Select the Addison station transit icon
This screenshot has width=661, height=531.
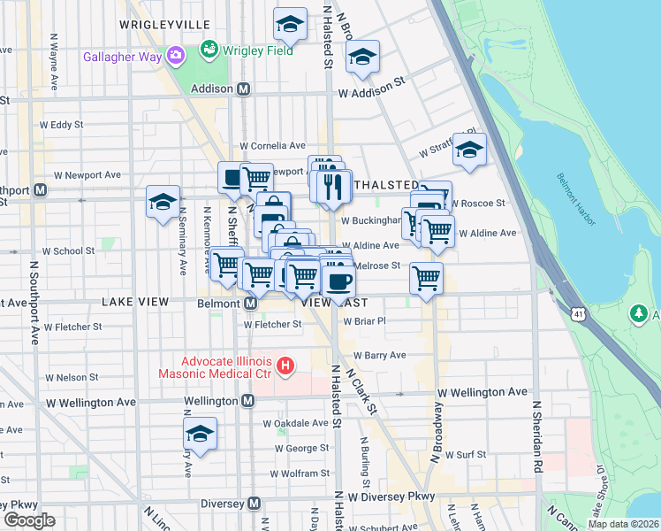(243, 89)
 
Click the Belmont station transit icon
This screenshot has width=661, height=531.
(250, 304)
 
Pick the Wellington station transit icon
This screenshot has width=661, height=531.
(248, 401)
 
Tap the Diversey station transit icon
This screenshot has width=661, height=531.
(255, 503)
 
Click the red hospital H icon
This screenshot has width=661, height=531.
(285, 365)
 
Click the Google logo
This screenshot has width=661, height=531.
(29, 520)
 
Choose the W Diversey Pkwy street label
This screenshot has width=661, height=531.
(391, 496)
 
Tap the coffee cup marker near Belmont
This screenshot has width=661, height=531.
(338, 281)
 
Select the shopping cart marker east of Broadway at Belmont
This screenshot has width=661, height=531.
(426, 279)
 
